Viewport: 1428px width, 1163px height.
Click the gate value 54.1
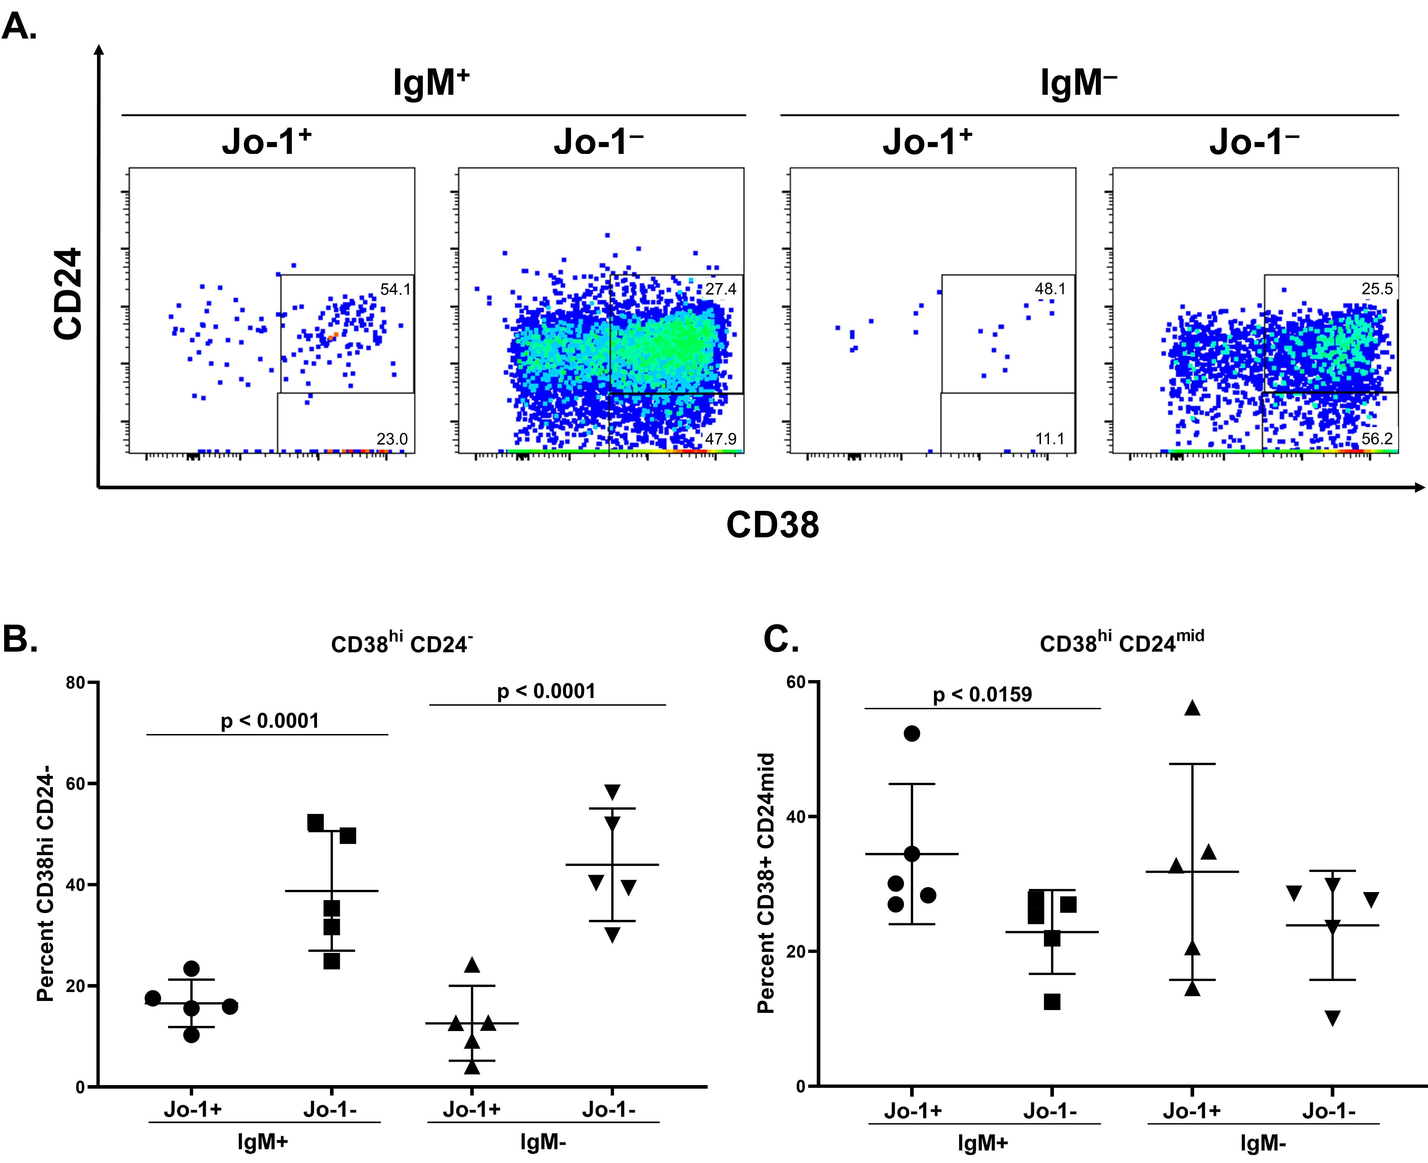(395, 289)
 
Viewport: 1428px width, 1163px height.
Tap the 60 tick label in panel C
(796, 682)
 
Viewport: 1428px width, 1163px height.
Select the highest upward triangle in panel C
(1192, 708)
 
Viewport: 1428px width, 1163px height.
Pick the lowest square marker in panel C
(1052, 1002)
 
